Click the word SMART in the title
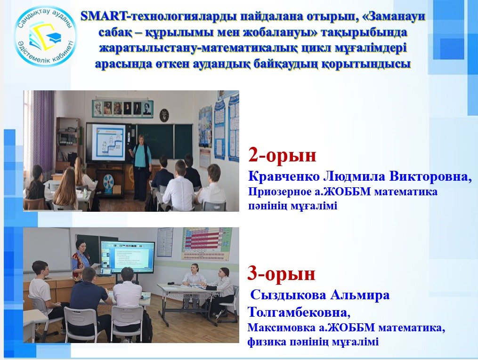(x=104, y=16)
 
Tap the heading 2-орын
(x=282, y=155)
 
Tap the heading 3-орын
(x=281, y=273)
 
